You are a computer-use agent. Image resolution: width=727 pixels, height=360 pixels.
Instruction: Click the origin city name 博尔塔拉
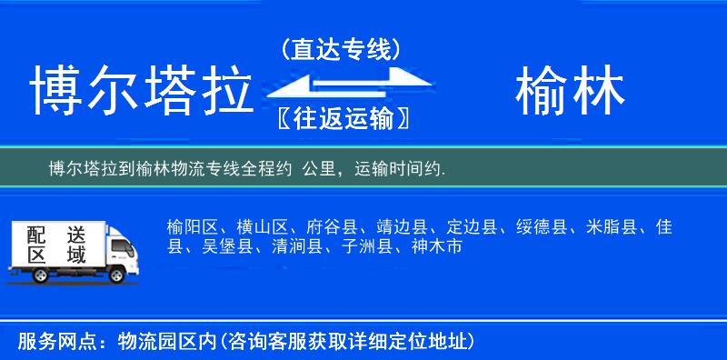coord(142,91)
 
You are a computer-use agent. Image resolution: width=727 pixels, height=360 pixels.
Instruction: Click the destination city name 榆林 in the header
coord(570,91)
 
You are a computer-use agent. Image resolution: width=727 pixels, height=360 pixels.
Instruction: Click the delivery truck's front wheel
coord(116,273)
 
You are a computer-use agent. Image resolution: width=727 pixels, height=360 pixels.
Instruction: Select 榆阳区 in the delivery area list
coord(188,226)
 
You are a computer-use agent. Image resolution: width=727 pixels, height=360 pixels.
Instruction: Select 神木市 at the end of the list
coord(437,246)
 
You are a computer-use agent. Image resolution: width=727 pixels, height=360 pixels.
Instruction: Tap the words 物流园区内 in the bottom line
coord(163,342)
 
